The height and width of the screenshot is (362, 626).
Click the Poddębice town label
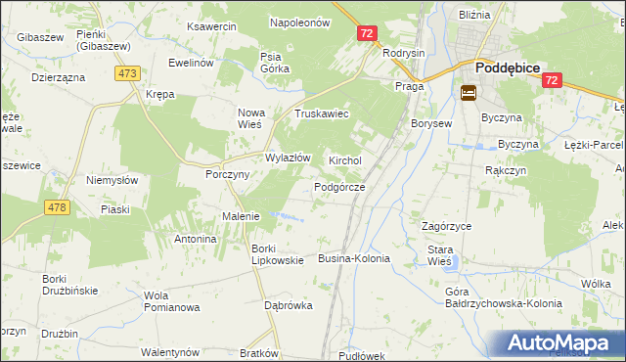coord(509,69)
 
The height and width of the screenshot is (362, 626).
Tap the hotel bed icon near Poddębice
coord(468,93)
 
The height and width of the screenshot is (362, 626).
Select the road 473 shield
coord(127,73)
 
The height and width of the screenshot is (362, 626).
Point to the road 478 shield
coord(58,206)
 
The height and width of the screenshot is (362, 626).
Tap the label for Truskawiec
coord(322,113)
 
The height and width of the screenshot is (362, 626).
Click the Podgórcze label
coord(339,187)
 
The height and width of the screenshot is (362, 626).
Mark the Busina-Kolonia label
coord(354,259)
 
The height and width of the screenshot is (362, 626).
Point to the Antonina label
coord(195,239)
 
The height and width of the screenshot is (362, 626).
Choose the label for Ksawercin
coord(212,26)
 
